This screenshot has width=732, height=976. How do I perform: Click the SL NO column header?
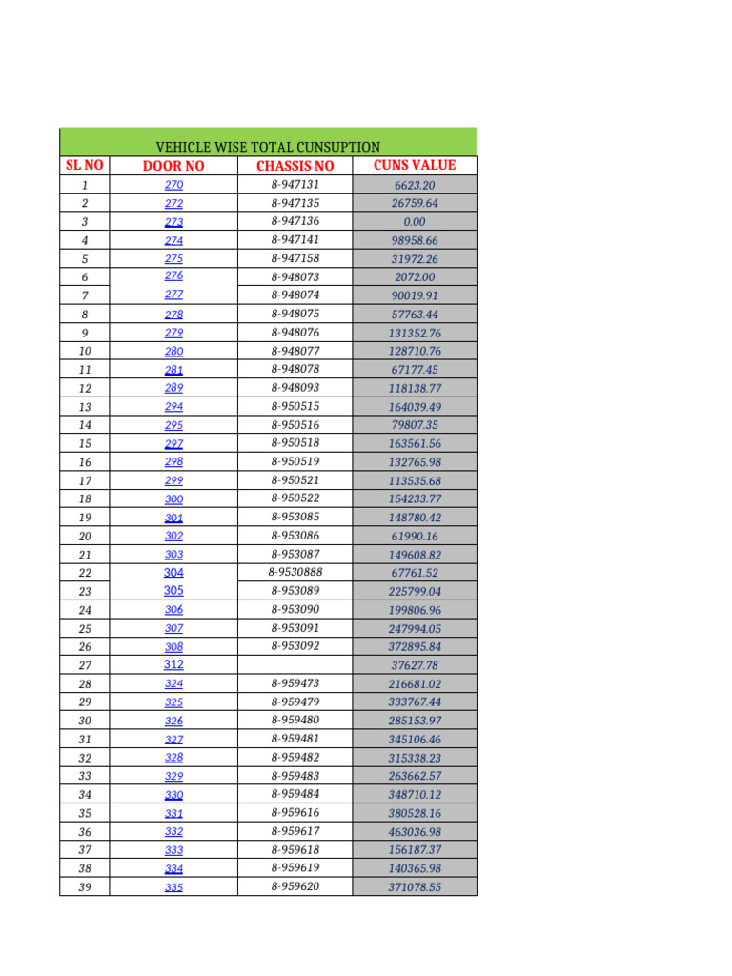pyautogui.click(x=84, y=166)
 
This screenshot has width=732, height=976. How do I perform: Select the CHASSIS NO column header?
pyautogui.click(x=295, y=166)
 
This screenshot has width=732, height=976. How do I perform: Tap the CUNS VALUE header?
pyautogui.click(x=415, y=165)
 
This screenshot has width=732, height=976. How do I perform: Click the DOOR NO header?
pyautogui.click(x=173, y=166)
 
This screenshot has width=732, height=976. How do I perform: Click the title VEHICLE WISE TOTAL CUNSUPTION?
pyautogui.click(x=268, y=147)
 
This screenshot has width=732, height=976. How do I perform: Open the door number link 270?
pyautogui.click(x=173, y=185)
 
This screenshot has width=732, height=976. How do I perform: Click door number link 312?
pyautogui.click(x=173, y=664)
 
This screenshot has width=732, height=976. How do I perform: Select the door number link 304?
pyautogui.click(x=173, y=573)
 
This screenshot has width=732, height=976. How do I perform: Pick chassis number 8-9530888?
pyautogui.click(x=295, y=573)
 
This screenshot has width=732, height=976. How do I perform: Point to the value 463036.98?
pyautogui.click(x=415, y=832)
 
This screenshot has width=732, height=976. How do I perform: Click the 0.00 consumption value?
pyautogui.click(x=415, y=222)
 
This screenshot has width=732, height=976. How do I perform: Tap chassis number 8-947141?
pyautogui.click(x=295, y=240)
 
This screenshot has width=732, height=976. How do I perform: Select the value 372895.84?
pyautogui.click(x=415, y=647)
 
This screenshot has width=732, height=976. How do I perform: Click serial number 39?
pyautogui.click(x=84, y=887)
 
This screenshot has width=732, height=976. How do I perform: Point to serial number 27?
pyautogui.click(x=84, y=665)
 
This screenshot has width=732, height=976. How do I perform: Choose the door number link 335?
pyautogui.click(x=173, y=887)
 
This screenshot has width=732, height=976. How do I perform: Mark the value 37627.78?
pyautogui.click(x=415, y=665)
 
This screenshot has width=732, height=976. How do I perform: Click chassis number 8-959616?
pyautogui.click(x=295, y=813)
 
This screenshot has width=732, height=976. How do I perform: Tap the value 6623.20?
pyautogui.click(x=415, y=186)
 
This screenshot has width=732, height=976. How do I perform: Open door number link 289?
pyautogui.click(x=173, y=388)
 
